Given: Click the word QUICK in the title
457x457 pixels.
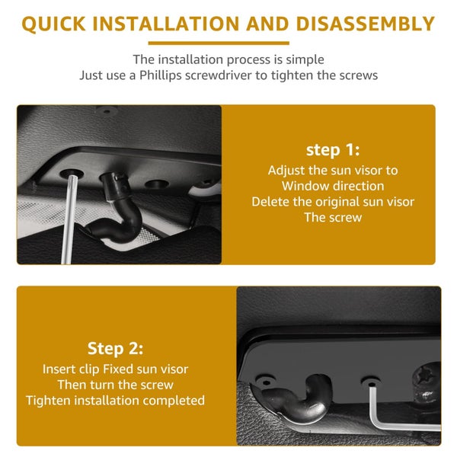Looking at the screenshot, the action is tap(54, 24).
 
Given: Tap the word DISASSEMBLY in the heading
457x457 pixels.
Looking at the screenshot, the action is tap(366, 24).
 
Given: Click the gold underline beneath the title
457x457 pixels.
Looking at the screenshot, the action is tap(219, 43).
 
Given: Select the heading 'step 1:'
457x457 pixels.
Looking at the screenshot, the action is tap(333, 150).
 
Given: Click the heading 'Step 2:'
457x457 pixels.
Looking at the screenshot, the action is tap(116, 349).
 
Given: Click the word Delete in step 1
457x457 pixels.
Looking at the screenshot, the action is tap(270, 202).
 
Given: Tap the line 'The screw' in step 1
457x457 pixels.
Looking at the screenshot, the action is tap(333, 217).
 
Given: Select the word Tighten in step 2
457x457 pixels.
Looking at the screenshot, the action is tap(48, 401).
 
